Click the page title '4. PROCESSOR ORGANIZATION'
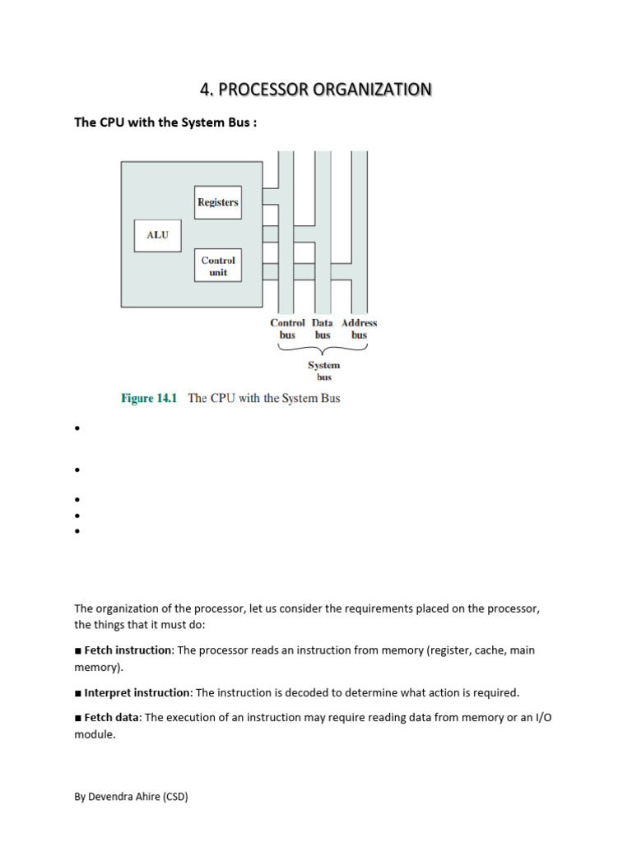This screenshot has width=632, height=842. [316, 90]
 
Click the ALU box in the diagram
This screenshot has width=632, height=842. [157, 235]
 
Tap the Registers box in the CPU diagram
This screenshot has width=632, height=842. [218, 202]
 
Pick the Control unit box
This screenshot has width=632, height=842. [218, 266]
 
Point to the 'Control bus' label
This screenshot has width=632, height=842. [287, 329]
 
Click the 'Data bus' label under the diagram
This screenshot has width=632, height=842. [323, 329]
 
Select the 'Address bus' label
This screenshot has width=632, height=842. [360, 329]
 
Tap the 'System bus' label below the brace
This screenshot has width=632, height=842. [324, 371]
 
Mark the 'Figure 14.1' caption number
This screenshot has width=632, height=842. [150, 398]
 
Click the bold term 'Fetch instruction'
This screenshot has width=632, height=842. [128, 650]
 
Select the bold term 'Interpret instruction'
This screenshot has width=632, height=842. [137, 692]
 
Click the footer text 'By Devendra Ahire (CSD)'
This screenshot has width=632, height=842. [131, 797]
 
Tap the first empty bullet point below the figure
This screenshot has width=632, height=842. [77, 429]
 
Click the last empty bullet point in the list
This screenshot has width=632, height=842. [77, 532]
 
